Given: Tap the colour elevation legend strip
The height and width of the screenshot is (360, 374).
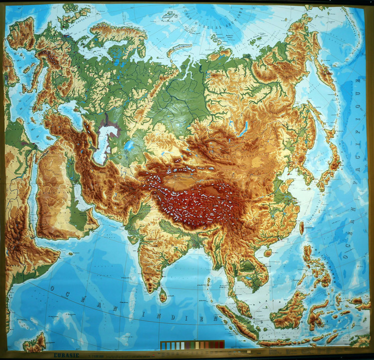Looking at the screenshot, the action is point(192,345).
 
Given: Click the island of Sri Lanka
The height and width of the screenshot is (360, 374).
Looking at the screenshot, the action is point(163,296).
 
